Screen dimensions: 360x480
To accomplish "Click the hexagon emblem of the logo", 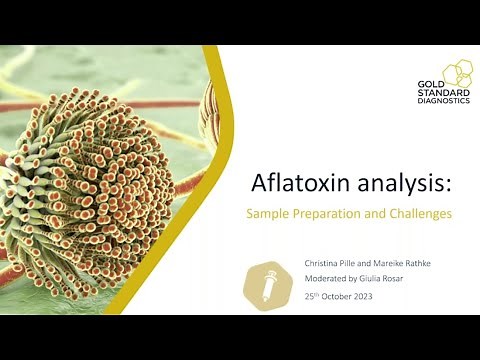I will [457, 72].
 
